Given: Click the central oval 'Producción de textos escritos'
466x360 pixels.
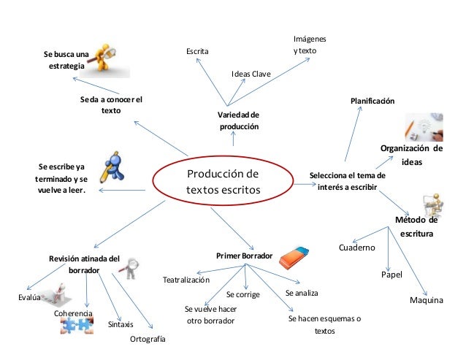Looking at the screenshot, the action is click(x=223, y=183).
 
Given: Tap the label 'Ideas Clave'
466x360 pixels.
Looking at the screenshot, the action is click(x=251, y=74).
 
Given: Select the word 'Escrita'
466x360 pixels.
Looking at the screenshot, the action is click(x=197, y=51).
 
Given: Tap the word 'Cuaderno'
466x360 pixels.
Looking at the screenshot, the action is click(x=357, y=248).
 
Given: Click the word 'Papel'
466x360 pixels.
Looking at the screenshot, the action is click(x=392, y=275).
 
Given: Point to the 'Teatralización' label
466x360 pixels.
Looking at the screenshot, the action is click(x=186, y=280).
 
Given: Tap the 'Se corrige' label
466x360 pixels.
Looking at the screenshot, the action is click(x=242, y=295).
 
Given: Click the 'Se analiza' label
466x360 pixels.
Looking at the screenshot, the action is click(x=302, y=292).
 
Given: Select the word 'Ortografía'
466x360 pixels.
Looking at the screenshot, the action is click(x=148, y=340).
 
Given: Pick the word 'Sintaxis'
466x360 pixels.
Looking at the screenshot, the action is click(x=121, y=324).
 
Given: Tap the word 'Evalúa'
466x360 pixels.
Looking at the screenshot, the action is click(x=27, y=298).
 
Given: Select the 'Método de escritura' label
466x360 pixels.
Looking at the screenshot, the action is click(x=416, y=226).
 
